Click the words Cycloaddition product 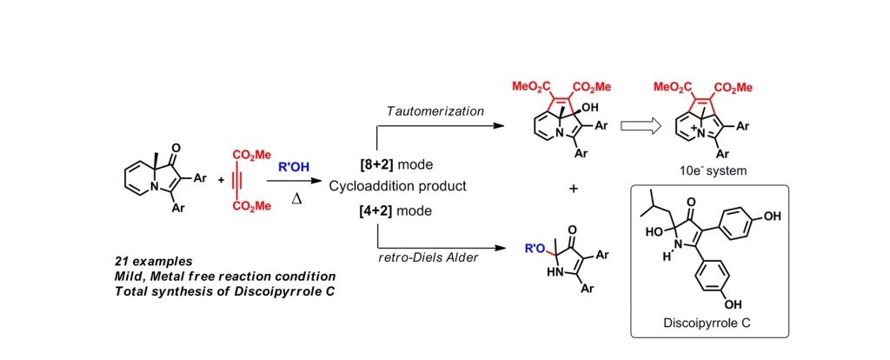[x=392, y=186]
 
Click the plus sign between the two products [x=574, y=188]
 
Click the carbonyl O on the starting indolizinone [x=163, y=148]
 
